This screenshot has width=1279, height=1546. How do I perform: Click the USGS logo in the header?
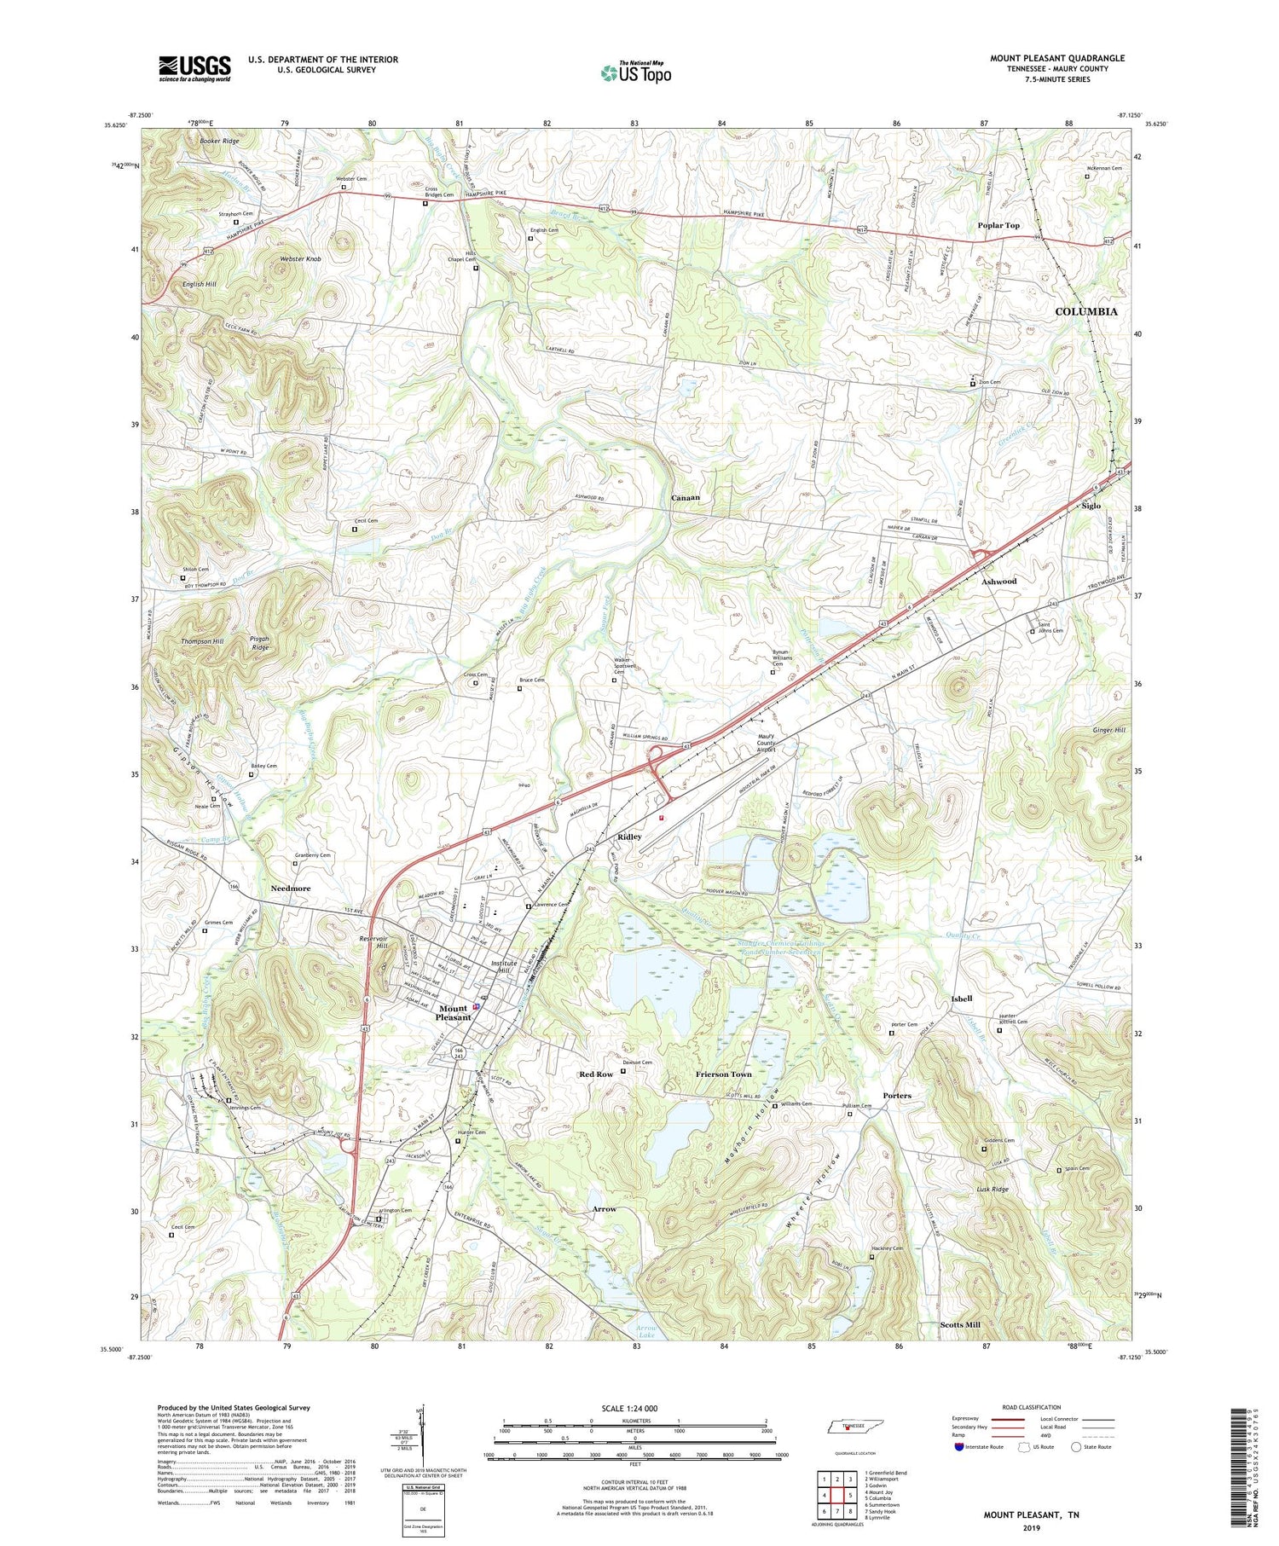click(194, 68)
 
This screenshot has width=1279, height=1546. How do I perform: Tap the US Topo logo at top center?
click(635, 73)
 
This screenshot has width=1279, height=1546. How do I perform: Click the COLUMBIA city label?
click(1085, 312)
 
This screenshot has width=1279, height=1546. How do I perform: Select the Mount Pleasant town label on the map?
click(453, 1012)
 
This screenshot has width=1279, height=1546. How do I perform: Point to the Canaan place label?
click(686, 497)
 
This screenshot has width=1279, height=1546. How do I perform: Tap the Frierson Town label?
click(723, 1074)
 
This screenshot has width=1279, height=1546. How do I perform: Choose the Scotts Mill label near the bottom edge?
click(959, 1324)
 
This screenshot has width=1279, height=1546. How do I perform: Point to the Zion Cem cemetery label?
click(988, 382)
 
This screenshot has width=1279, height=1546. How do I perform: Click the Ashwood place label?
click(998, 581)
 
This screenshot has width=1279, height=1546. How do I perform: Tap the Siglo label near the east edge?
click(1091, 506)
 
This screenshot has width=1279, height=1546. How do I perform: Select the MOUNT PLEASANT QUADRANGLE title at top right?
click(1056, 58)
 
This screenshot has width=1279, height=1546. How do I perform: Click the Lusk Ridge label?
click(993, 1189)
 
